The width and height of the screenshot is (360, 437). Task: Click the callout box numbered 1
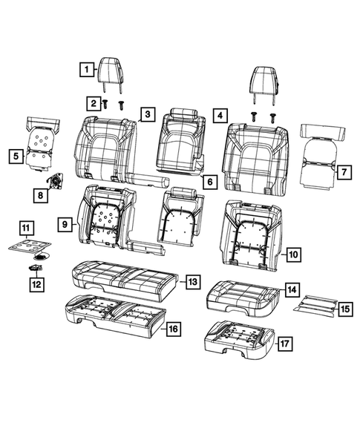[x=88, y=70]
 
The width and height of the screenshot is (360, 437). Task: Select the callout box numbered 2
[x=94, y=102]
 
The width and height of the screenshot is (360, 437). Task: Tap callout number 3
[x=148, y=114]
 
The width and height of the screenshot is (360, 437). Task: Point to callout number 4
[x=220, y=115]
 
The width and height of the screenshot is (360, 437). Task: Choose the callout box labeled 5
[x=15, y=156]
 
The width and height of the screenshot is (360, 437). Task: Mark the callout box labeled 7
[x=342, y=172]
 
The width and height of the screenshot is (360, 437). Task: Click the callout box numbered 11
[x=24, y=227]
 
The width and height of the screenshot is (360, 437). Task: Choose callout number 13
[x=192, y=282]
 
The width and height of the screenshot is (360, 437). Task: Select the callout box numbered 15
[x=344, y=308]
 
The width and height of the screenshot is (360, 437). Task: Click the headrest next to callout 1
[x=114, y=72]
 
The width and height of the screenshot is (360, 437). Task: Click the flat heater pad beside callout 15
[x=314, y=302]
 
